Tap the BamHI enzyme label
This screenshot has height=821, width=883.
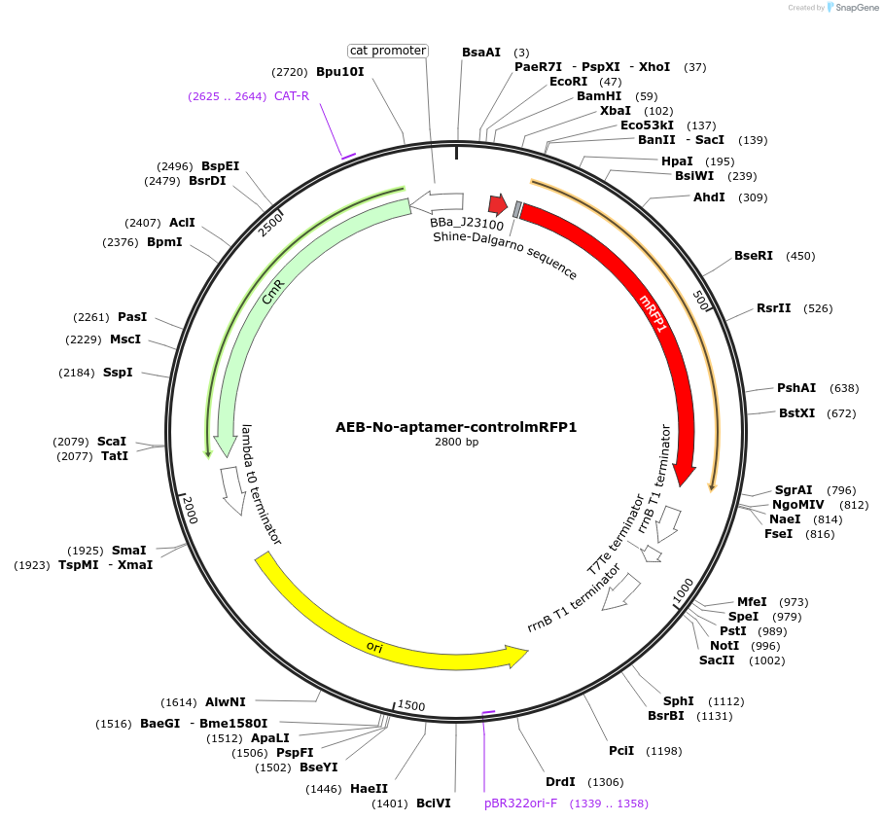(598, 96)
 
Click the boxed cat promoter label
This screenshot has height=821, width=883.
(388, 51)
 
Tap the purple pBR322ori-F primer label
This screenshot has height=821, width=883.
(521, 803)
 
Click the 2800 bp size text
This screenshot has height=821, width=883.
(456, 443)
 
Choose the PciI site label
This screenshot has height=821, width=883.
(621, 750)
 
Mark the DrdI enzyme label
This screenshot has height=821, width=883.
(560, 781)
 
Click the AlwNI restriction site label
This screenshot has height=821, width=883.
(226, 701)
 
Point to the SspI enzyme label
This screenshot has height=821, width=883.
(118, 373)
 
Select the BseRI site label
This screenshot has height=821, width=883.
(754, 256)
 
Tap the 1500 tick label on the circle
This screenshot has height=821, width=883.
(411, 705)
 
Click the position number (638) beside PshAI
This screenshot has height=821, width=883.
(844, 388)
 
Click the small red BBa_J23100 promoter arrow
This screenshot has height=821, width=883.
(498, 205)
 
